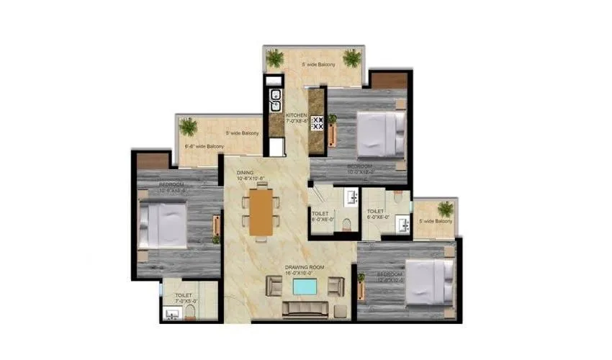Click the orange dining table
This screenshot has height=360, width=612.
tap(261, 212)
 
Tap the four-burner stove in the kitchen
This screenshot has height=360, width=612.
tap(317, 122)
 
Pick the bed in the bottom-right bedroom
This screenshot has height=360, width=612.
tap(429, 281)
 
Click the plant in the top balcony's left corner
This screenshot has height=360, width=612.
tap(274, 58)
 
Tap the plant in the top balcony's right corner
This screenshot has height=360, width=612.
tap(352, 58)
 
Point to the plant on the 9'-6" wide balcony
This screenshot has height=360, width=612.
tap(189, 127)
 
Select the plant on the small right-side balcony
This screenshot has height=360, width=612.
tap(446, 210)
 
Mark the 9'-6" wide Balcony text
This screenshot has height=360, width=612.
tap(204, 147)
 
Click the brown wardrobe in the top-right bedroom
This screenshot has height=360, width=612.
tap(389, 80)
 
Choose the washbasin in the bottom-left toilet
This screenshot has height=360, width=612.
tap(172, 313)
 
